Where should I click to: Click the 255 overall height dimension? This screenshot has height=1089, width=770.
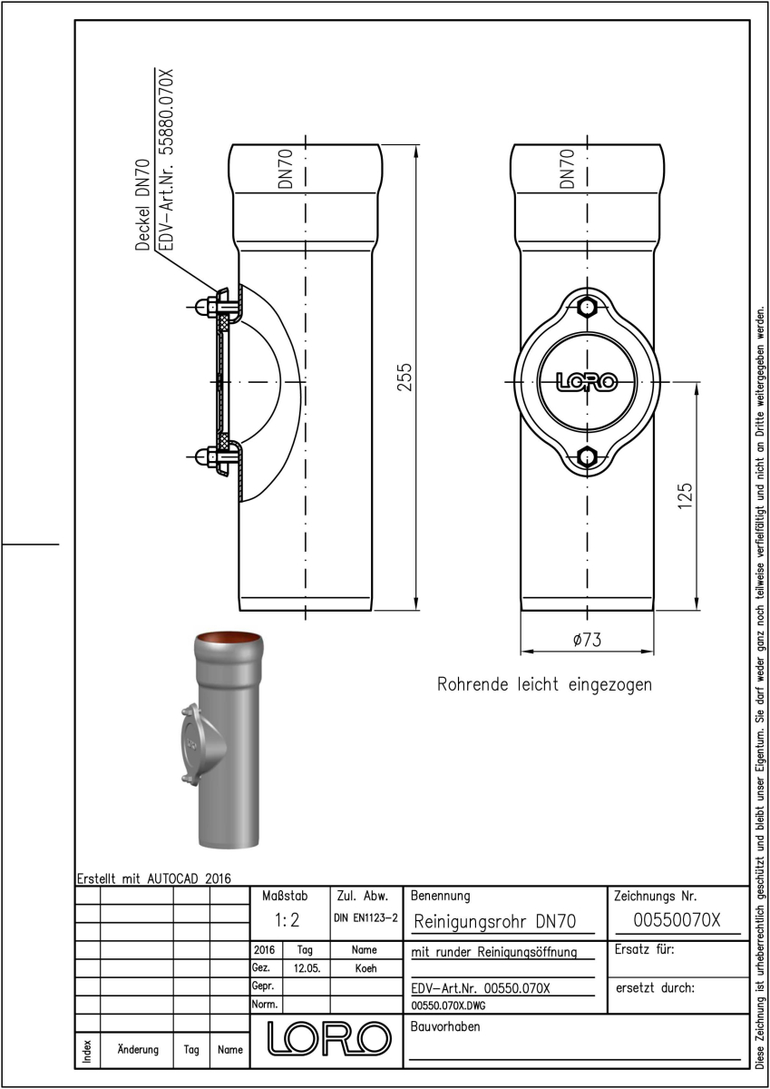(x=404, y=377)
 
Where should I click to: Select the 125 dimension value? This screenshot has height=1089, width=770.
(x=685, y=495)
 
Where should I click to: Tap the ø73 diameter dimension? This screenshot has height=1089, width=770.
(x=587, y=639)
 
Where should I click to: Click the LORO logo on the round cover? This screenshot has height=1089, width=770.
(x=587, y=382)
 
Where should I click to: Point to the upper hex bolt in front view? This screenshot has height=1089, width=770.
(x=588, y=308)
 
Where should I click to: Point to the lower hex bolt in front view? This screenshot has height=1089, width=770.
(x=588, y=456)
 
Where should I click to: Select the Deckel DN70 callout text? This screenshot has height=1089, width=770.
(x=142, y=205)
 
